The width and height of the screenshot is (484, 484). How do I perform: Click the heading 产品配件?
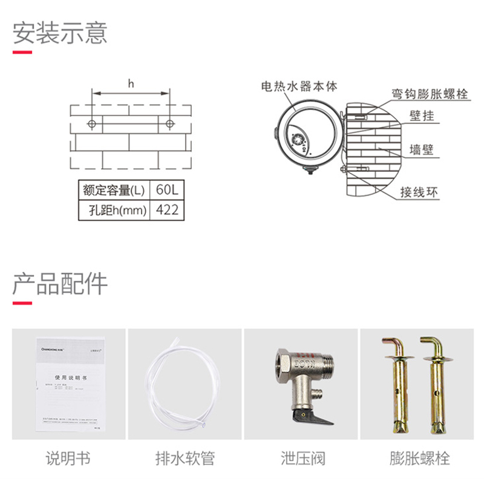tap(60, 283)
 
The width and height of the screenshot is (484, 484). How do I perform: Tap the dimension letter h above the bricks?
tap(130, 84)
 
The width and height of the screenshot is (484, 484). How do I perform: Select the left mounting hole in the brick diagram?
tap(91, 124)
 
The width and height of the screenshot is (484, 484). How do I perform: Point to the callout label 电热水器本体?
tap(298, 87)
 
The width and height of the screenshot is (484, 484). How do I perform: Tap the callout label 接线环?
tap(419, 192)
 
